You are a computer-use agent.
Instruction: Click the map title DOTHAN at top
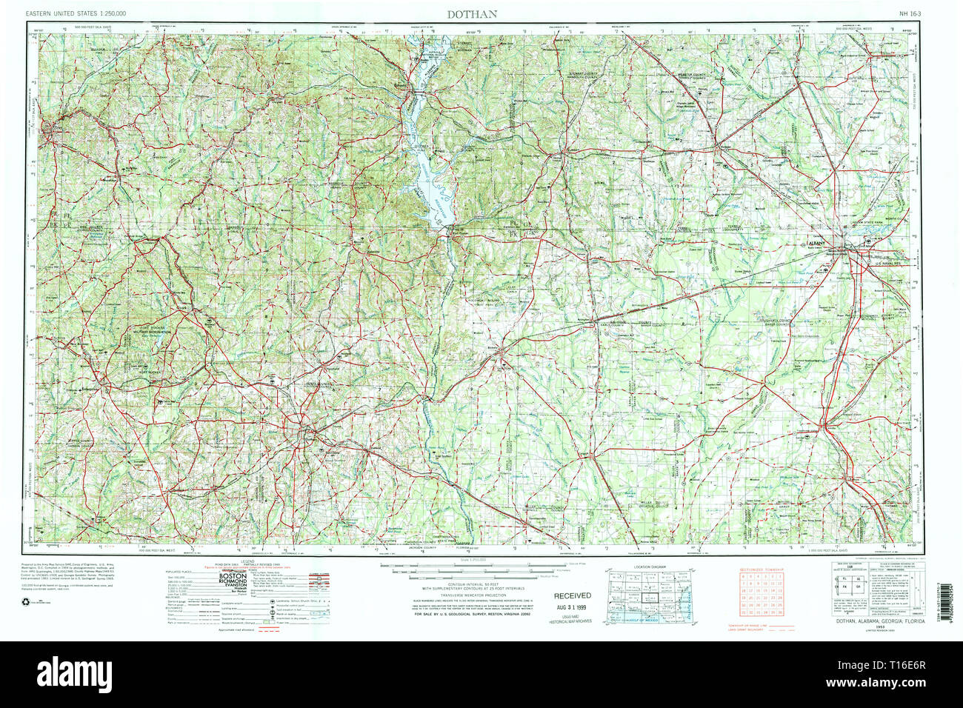pyautogui.click(x=471, y=13)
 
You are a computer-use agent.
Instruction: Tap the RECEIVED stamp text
pyautogui.click(x=573, y=595)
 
